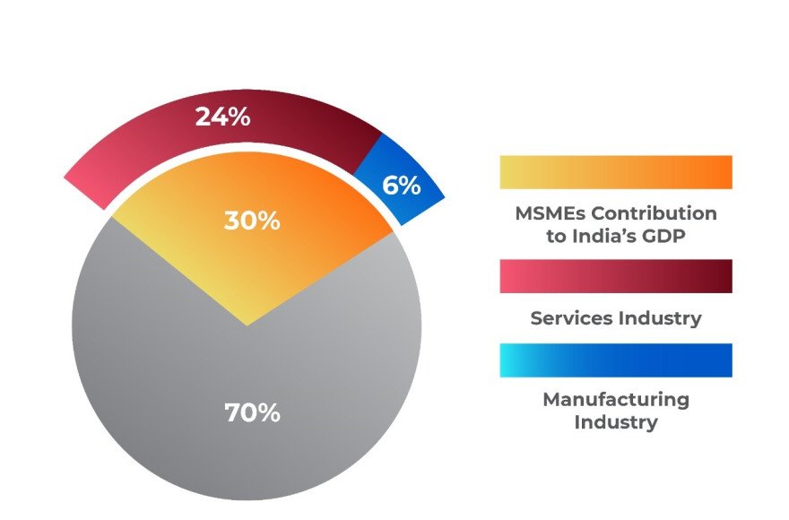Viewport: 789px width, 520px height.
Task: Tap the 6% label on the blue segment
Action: pyautogui.click(x=401, y=186)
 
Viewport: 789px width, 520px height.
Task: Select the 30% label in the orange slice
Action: pyautogui.click(x=252, y=221)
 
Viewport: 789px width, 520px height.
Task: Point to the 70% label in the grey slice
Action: pyautogui.click(x=252, y=413)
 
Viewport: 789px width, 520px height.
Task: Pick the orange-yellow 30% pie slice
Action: pyautogui.click(x=305, y=206)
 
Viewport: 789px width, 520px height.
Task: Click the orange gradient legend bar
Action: pyautogui.click(x=616, y=172)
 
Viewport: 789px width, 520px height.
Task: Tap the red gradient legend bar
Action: pyautogui.click(x=616, y=276)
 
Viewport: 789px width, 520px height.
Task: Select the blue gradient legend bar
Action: pyautogui.click(x=616, y=360)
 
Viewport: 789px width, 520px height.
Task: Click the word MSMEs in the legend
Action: pyautogui.click(x=550, y=214)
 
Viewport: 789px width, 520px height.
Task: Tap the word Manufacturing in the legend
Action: pyautogui.click(x=616, y=400)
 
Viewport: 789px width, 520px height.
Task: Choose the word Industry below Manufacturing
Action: pyautogui.click(x=616, y=421)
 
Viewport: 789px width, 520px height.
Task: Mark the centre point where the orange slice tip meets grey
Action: pyautogui.click(x=247, y=325)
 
